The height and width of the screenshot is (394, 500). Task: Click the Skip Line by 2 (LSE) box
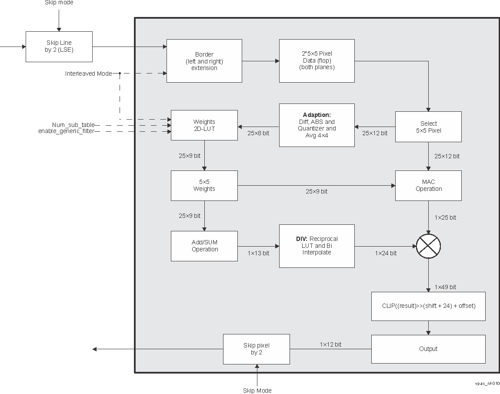[59, 47]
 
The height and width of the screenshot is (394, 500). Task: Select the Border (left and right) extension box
[204, 61]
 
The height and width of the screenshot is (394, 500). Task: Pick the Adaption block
[317, 125]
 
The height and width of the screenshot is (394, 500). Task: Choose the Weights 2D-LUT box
[204, 125]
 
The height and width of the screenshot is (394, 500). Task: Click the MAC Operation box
[428, 186]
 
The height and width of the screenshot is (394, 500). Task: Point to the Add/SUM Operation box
[204, 246]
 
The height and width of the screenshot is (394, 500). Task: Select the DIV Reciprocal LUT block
[317, 246]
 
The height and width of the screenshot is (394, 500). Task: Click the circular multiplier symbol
[429, 246]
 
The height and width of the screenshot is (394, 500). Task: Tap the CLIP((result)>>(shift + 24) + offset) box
[428, 306]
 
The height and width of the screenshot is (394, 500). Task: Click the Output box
[428, 349]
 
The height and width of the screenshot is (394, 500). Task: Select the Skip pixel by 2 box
[256, 349]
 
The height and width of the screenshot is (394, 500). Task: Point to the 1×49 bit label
[445, 287]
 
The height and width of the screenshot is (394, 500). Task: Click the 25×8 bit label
[258, 133]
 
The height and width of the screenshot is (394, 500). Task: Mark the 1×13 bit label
[258, 253]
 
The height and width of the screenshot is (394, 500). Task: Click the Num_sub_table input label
[73, 125]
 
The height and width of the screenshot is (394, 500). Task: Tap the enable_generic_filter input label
[66, 131]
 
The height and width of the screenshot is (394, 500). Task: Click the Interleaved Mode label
[88, 73]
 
